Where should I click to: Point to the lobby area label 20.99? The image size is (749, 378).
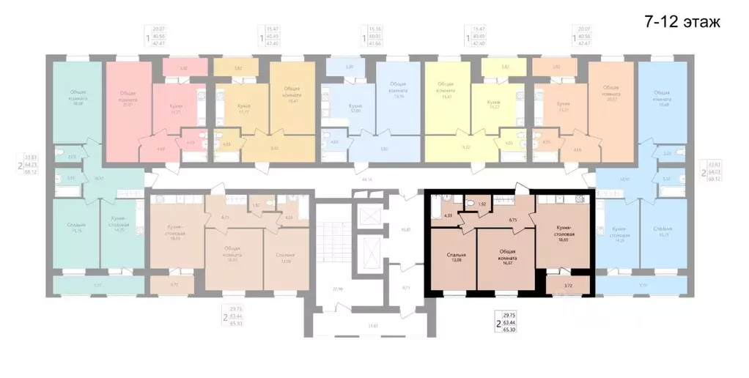pos(338,289)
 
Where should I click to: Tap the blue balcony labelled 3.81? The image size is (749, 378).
pos(350,67)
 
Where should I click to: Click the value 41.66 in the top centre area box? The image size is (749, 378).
pos(377,45)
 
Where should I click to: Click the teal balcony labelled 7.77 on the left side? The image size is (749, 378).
pos(97,285)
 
